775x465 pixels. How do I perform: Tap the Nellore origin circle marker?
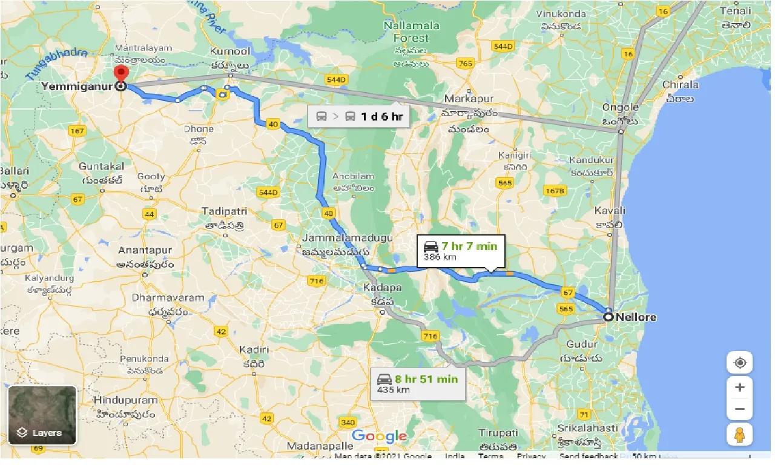pyautogui.click(x=608, y=317)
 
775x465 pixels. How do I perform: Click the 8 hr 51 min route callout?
pyautogui.click(x=418, y=384)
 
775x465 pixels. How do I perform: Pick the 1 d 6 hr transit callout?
pyautogui.click(x=358, y=116)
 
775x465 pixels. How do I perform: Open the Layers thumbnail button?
pyautogui.click(x=42, y=415)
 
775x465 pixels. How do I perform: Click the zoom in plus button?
pyautogui.click(x=739, y=387)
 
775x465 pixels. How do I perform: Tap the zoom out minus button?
pyautogui.click(x=739, y=409)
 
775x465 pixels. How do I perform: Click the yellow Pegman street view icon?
pyautogui.click(x=739, y=434)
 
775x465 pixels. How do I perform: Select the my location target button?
pyautogui.click(x=739, y=363)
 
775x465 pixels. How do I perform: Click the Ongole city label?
pyautogui.click(x=620, y=107)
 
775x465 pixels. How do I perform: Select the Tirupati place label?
pyautogui.click(x=498, y=433)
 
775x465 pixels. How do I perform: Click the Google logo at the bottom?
pyautogui.click(x=379, y=436)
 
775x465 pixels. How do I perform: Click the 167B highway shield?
pyautogui.click(x=555, y=191)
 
